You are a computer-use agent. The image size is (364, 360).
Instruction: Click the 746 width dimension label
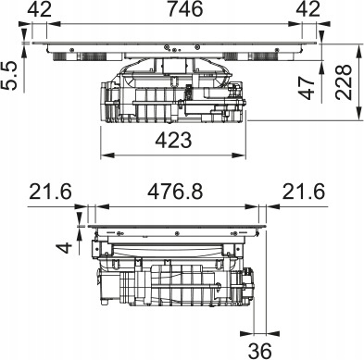tap(185, 9)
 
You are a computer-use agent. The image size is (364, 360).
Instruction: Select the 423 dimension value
tap(173, 141)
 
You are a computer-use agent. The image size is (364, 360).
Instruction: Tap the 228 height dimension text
tap(344, 81)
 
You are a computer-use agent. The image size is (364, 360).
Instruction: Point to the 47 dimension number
tap(307, 88)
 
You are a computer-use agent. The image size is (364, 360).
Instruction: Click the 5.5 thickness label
tap(9, 76)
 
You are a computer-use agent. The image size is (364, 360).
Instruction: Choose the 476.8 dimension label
tap(175, 192)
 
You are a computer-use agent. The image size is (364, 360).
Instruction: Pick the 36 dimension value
tap(260, 351)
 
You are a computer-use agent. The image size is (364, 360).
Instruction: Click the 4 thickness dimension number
tap(65, 247)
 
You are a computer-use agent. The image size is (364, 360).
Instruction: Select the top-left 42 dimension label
tap(40, 9)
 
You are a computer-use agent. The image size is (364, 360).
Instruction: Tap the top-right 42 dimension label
tap(308, 9)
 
